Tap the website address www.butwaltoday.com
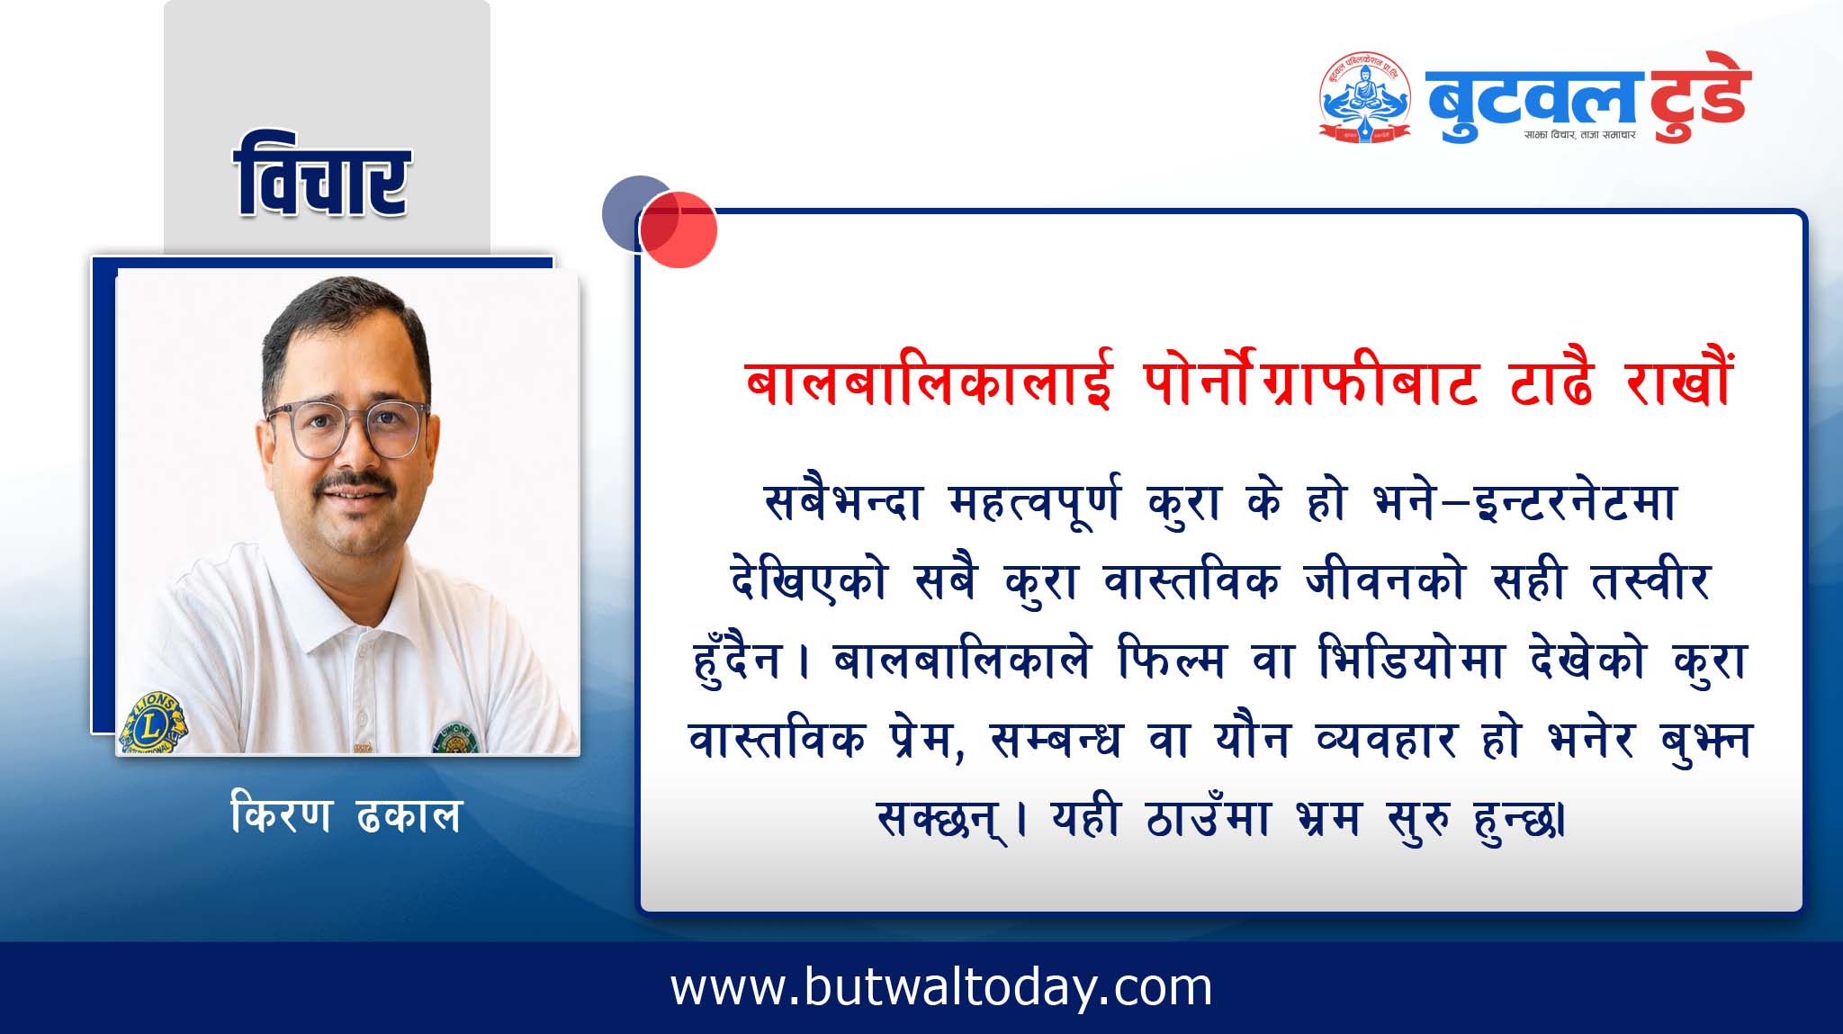(941, 987)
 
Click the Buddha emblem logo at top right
(1365, 97)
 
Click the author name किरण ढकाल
(346, 815)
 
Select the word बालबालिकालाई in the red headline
(929, 382)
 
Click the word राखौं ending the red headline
(1678, 381)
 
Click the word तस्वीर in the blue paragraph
(1650, 580)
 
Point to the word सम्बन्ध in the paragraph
(1056, 741)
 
